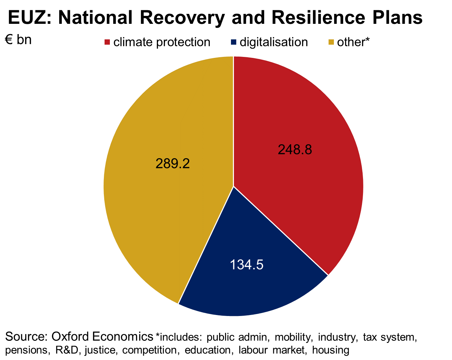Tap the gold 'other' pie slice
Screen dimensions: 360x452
[165, 199]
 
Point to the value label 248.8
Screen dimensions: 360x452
[295, 150]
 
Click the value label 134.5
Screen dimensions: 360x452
[247, 265]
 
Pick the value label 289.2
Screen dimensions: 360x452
[172, 164]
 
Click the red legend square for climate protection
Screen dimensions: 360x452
[107, 42]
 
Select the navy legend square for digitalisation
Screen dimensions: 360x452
[234, 42]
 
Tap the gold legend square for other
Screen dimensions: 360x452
[331, 42]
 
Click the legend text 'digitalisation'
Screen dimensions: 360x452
[274, 42]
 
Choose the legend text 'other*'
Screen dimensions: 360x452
[353, 42]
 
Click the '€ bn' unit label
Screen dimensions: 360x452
[18, 40]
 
